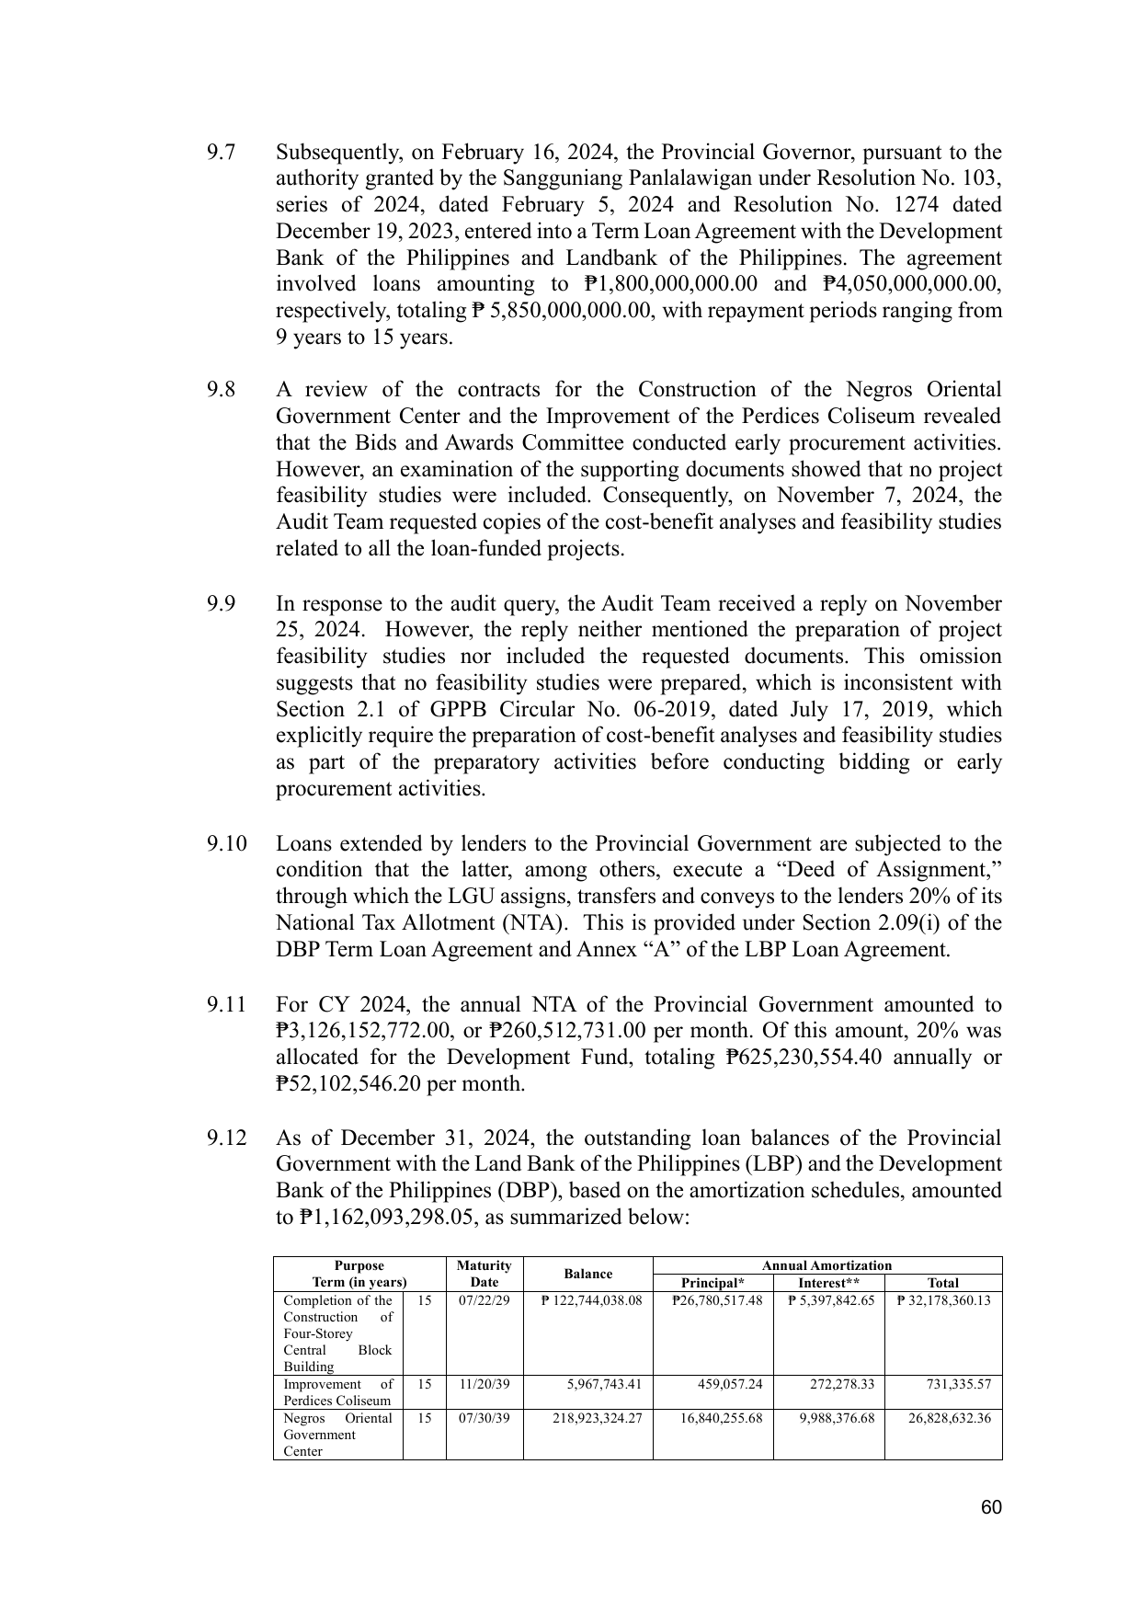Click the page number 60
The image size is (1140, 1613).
(990, 1507)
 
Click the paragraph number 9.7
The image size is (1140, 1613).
(221, 152)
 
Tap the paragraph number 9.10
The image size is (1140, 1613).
(226, 843)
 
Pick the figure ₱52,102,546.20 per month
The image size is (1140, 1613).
(400, 1084)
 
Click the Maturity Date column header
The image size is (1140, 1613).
(484, 1274)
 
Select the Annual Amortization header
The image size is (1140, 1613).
(826, 1265)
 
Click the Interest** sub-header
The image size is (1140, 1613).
(828, 1283)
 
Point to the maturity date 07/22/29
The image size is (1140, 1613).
(484, 1300)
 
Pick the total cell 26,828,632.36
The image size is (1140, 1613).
(949, 1418)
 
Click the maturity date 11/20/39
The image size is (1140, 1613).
(484, 1384)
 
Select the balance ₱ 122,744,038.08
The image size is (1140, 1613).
(591, 1300)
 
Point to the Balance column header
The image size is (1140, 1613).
(587, 1274)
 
